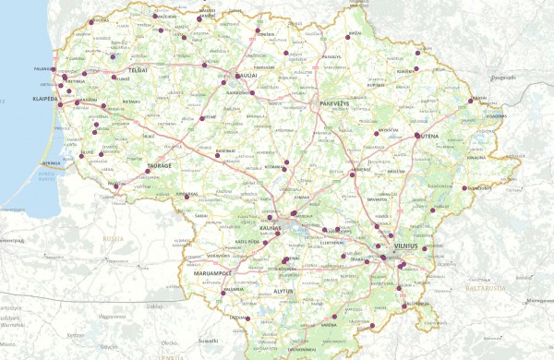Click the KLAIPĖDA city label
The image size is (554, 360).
(x=46, y=96)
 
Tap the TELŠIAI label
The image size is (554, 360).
(x=138, y=70)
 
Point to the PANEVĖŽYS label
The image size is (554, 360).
(x=335, y=103)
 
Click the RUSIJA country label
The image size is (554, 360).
(x=114, y=237)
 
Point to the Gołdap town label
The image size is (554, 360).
(x=154, y=306)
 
